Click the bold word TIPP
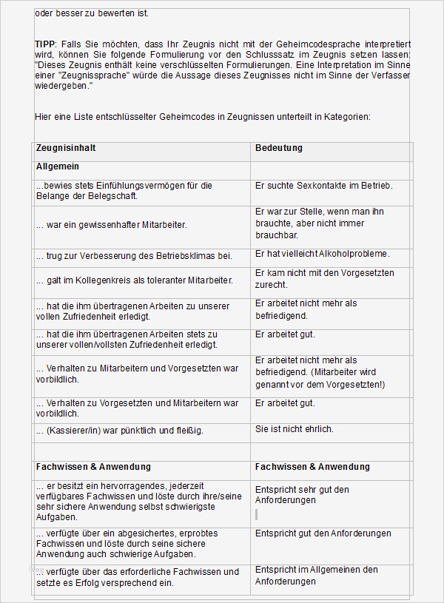click(x=45, y=44)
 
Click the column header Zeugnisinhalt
click(x=66, y=149)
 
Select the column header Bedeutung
click(x=279, y=149)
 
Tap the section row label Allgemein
click(x=58, y=167)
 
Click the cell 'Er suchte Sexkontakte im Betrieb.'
click(x=323, y=186)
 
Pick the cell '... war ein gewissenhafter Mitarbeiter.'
click(x=111, y=224)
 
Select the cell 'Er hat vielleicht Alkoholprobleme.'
click(x=322, y=254)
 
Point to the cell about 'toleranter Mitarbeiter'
click(x=134, y=280)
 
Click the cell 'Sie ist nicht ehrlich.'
click(x=295, y=429)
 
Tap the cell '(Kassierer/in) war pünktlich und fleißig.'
click(x=119, y=430)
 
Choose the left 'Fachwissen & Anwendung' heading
click(x=93, y=467)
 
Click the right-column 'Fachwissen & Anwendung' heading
click(x=312, y=467)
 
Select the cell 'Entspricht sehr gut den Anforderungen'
click(x=302, y=495)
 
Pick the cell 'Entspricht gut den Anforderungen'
click(x=323, y=533)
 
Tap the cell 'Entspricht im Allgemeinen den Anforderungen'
click(x=317, y=576)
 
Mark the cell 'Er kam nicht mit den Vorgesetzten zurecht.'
click(x=325, y=278)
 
